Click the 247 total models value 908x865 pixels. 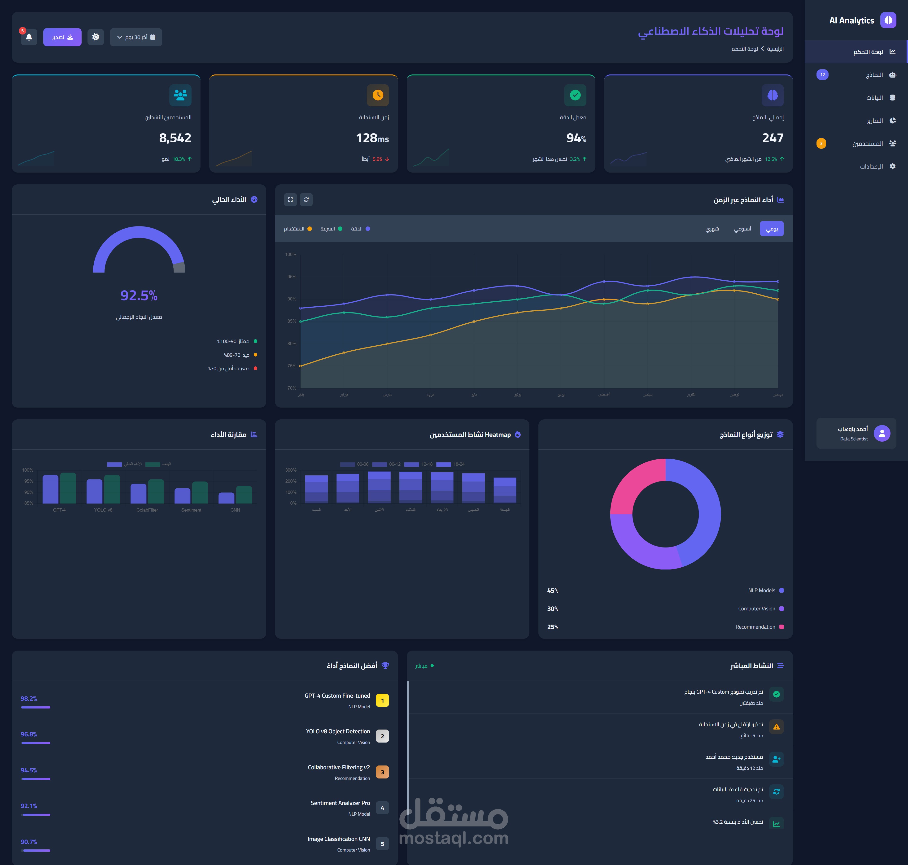point(773,138)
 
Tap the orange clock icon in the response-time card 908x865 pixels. point(378,95)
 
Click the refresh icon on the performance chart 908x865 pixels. point(306,200)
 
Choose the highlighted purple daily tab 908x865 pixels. point(772,229)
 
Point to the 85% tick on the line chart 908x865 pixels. point(292,321)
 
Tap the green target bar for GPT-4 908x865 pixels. point(68,488)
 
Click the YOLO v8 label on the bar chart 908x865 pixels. point(103,510)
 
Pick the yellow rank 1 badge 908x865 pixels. point(382,700)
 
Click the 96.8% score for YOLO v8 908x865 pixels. point(29,734)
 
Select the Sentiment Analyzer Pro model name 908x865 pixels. point(340,803)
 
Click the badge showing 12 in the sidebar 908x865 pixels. point(822,75)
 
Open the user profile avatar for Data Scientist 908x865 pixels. point(882,433)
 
